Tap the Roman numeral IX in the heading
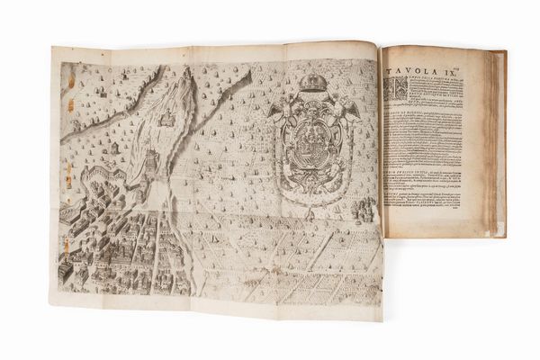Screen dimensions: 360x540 pyautogui.click(x=463, y=67)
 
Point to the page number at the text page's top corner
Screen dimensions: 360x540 pyautogui.click(x=480, y=55)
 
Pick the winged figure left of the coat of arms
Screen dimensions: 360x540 pyautogui.click(x=277, y=112)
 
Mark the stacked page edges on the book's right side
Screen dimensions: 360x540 pyautogui.click(x=496, y=144)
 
